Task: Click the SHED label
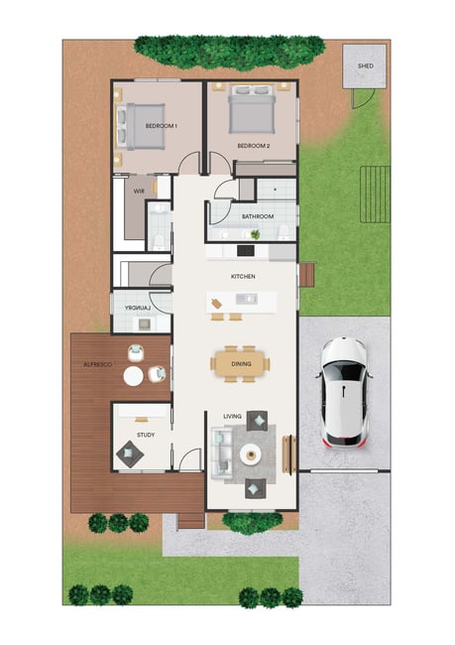366,65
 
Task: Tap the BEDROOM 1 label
162,126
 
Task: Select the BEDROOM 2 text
254,146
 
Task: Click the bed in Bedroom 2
252,108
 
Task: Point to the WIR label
140,191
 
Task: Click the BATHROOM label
258,216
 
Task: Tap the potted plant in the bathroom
256,234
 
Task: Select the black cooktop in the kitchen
246,250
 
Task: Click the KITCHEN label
243,277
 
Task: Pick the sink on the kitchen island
247,299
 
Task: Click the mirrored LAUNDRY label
138,308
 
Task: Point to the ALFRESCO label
97,364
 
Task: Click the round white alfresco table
134,376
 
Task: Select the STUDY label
146,435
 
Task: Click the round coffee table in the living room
251,454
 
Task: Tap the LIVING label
232,417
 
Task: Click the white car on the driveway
344,392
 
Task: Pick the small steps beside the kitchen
307,275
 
